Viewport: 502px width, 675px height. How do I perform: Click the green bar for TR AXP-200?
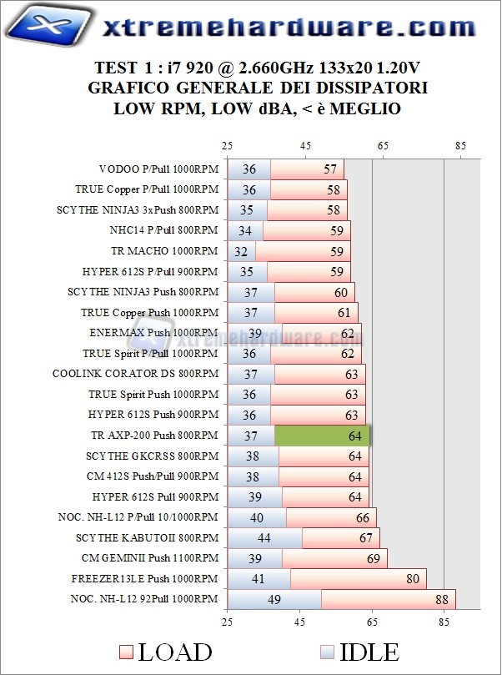click(322, 436)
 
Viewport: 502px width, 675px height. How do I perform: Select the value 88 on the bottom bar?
click(439, 598)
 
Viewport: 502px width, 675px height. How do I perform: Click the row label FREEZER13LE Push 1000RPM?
click(145, 578)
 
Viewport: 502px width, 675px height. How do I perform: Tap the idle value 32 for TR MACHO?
click(241, 250)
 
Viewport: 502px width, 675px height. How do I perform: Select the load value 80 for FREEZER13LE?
click(410, 578)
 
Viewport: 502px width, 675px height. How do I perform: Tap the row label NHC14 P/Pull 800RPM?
click(163, 230)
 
